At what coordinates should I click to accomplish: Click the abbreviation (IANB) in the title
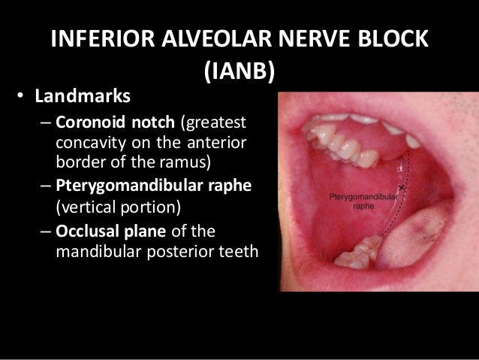coord(239,72)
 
